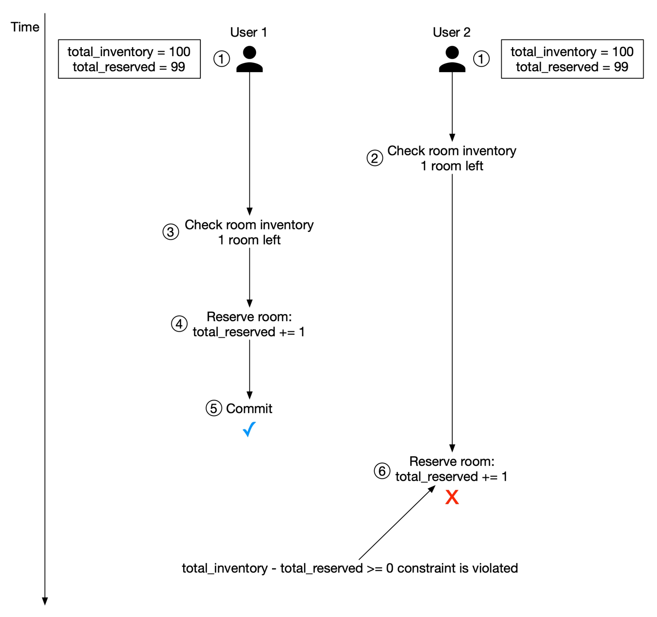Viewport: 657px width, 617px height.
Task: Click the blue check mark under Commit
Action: [249, 429]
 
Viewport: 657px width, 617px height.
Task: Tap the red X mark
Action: [452, 497]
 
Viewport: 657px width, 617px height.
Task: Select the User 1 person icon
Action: [249, 59]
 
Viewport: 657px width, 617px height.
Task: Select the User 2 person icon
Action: [452, 59]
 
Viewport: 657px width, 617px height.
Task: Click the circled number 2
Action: [375, 158]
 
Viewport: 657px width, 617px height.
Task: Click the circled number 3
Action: [170, 232]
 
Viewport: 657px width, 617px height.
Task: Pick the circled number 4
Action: [179, 324]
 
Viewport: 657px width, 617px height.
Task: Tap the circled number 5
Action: [214, 408]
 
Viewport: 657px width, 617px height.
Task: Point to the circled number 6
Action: [382, 471]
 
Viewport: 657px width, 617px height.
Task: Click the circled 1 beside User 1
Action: [221, 59]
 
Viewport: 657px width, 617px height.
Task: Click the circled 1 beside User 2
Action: [481, 59]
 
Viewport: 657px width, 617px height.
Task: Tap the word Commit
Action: [249, 409]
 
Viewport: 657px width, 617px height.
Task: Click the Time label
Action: [25, 27]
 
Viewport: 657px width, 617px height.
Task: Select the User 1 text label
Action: [248, 32]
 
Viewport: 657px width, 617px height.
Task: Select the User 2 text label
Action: [451, 32]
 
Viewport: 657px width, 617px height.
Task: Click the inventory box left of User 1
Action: [129, 59]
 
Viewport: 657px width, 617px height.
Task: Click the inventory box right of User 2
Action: [572, 59]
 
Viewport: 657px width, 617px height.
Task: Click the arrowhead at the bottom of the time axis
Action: [45, 601]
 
